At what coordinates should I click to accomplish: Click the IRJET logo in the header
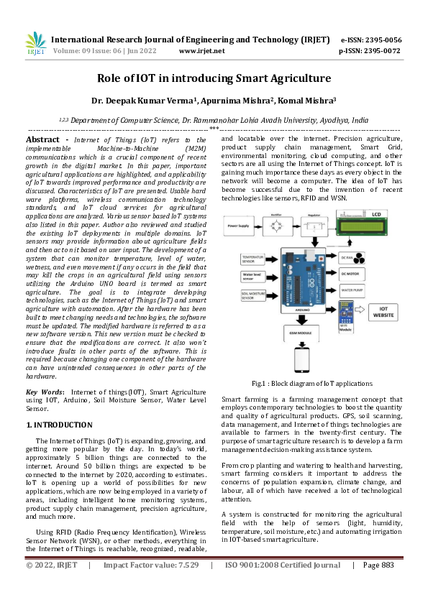pos(35,44)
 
